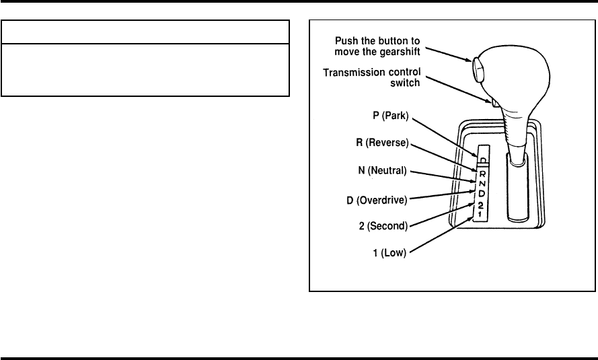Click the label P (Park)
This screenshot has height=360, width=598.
tap(391, 116)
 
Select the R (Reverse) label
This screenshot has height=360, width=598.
tap(382, 143)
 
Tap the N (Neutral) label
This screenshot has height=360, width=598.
tap(382, 170)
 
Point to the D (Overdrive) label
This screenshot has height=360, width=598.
tap(377, 201)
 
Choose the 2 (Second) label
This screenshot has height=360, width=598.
tap(383, 226)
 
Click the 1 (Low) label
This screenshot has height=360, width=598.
tap(389, 253)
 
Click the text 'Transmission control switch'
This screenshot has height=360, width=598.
tap(372, 77)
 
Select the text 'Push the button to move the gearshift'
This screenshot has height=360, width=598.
tap(377, 46)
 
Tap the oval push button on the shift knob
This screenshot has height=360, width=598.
tap(478, 69)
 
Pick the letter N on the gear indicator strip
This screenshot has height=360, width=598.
tap(482, 184)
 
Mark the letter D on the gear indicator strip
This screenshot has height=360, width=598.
tap(482, 194)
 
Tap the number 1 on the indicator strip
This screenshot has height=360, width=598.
tap(480, 215)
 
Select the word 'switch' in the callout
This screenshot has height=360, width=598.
tap(405, 83)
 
